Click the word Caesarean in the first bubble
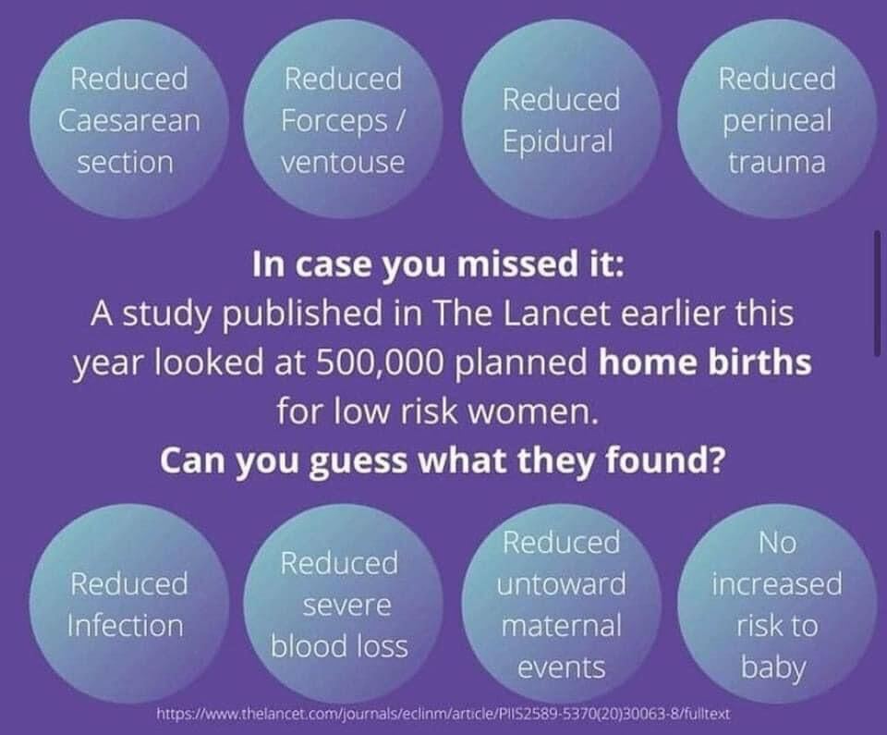pos(129,120)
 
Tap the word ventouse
pos(343,163)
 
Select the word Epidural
pos(557,141)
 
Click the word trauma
pos(777,163)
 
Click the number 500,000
pos(377,362)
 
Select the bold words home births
pos(705,362)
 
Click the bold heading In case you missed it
pos(438,264)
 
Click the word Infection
pos(125,626)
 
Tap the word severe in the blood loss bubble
pos(346,606)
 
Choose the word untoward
pos(561,583)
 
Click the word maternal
pos(561,626)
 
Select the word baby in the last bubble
pos(773,668)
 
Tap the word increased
pos(777,583)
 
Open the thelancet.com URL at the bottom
pos(443,714)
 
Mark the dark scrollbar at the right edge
pos(878,293)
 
